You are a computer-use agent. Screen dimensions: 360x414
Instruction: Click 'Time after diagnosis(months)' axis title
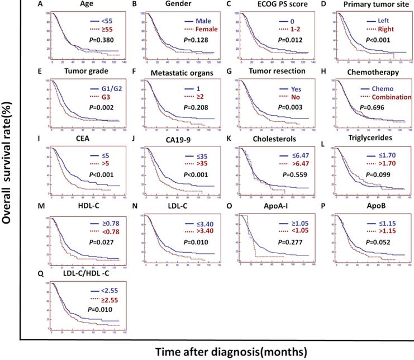click(227, 352)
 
